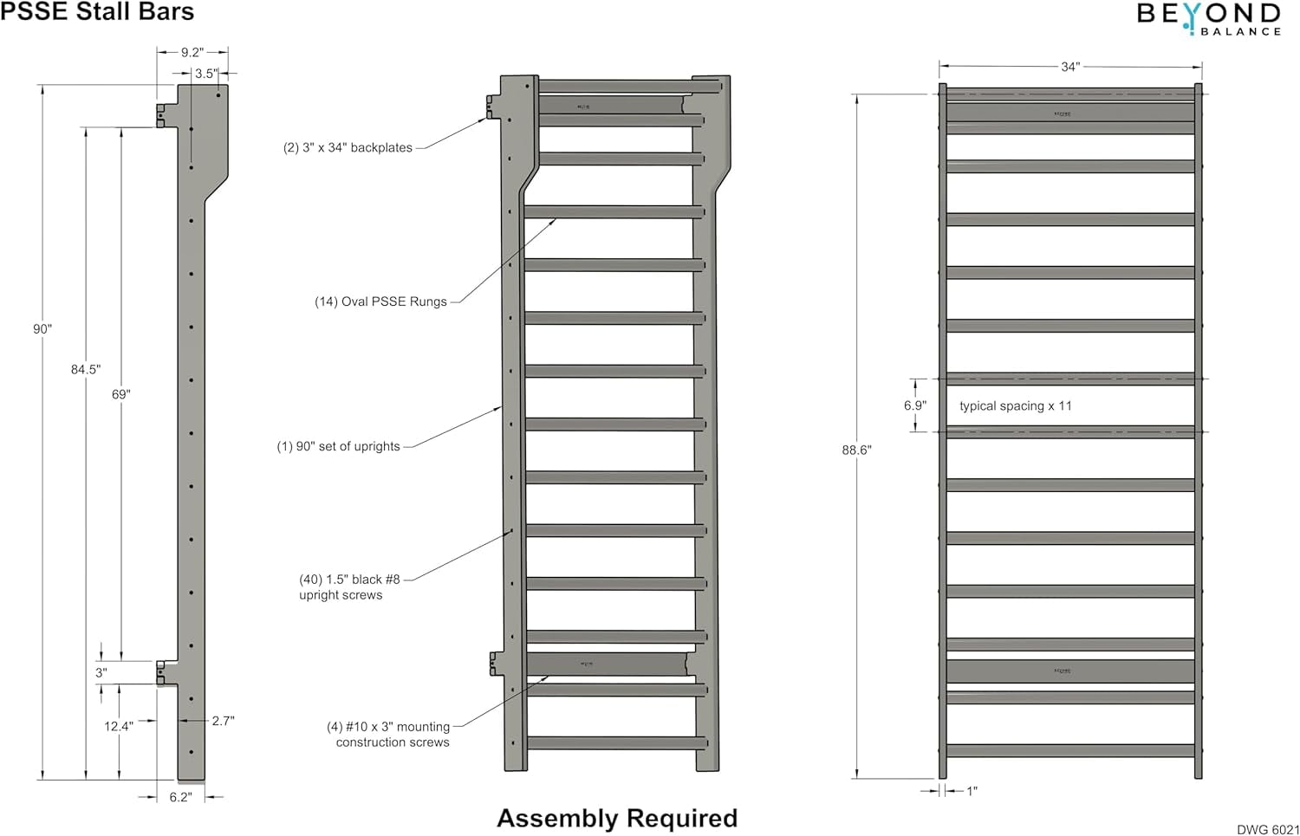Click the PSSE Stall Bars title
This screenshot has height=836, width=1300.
point(97,12)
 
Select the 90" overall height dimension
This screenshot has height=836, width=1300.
point(42,329)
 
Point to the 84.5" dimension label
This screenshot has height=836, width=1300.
point(86,369)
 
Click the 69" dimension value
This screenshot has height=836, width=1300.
point(120,394)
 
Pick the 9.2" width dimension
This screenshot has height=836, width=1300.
point(192,52)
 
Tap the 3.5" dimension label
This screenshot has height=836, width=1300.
point(206,74)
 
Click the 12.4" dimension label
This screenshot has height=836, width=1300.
point(119,726)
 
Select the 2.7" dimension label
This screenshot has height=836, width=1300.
point(223,720)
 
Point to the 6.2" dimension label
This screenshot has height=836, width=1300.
point(180,797)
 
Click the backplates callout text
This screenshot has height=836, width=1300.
point(348,148)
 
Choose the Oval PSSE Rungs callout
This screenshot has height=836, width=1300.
point(380,301)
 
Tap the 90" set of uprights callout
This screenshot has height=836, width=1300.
point(338,446)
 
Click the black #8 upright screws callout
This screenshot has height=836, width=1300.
point(349,587)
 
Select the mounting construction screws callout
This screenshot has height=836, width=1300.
point(388,735)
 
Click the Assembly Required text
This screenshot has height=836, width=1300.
point(617,818)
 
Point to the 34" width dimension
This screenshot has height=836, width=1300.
point(1070,67)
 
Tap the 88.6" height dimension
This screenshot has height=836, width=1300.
point(856,450)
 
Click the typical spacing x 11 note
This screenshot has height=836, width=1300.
point(1015,405)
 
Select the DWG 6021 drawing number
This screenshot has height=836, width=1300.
point(1267,829)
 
